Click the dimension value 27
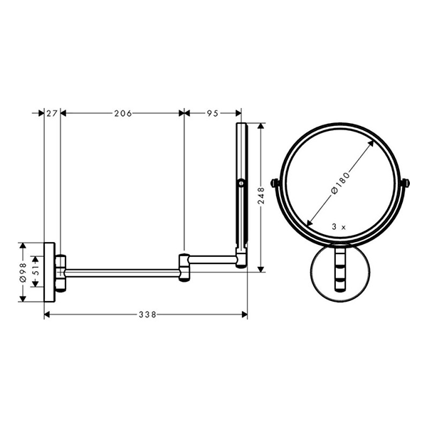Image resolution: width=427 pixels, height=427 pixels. [x=52, y=112]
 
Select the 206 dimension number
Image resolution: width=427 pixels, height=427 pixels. [x=122, y=112]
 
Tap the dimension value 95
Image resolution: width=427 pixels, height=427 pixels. [x=212, y=112]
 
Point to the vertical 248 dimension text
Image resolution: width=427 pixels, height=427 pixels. [x=261, y=195]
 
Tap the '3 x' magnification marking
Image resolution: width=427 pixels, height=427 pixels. [x=339, y=226]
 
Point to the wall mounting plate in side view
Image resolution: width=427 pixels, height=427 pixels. [x=50, y=271]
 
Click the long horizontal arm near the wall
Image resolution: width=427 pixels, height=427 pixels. [x=121, y=270]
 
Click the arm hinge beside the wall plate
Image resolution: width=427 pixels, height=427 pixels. [x=62, y=271]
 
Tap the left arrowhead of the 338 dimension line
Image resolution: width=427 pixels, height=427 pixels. [x=47, y=313]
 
